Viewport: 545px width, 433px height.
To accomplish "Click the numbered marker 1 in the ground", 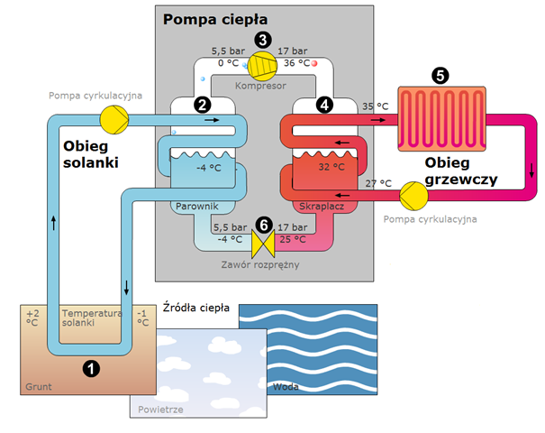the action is (x=91, y=368).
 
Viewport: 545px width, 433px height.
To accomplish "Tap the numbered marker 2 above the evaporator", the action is (x=203, y=105).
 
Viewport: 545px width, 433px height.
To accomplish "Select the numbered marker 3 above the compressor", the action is (x=263, y=40).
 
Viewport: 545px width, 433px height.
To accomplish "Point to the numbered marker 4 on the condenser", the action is (x=324, y=105).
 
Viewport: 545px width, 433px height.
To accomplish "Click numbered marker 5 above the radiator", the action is (x=440, y=75).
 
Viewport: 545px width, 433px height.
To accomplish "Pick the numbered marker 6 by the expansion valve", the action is (x=264, y=225).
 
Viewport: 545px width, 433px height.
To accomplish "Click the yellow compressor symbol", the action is (x=262, y=66).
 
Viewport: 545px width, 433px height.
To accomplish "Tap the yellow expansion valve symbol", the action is (x=263, y=244).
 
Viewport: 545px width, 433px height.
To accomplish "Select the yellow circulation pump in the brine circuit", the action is (x=114, y=120).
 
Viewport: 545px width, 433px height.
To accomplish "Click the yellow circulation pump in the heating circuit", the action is (x=413, y=196).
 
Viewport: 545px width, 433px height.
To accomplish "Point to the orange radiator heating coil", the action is (x=441, y=119).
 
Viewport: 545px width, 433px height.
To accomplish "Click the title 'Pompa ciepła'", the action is (x=215, y=20).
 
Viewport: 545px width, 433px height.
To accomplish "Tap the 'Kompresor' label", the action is (x=260, y=86).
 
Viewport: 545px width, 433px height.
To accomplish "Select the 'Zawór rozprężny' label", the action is (x=260, y=265).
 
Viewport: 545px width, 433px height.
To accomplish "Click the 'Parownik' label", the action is (x=197, y=207).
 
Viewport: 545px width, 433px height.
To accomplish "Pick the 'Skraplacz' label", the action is (x=322, y=207).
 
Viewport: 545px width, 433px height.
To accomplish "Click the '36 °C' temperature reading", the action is (x=297, y=63).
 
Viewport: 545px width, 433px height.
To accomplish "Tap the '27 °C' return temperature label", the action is (x=378, y=183).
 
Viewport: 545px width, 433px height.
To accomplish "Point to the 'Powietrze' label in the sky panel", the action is (x=160, y=410).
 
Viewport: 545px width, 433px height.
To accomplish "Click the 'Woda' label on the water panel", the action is (x=286, y=387).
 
